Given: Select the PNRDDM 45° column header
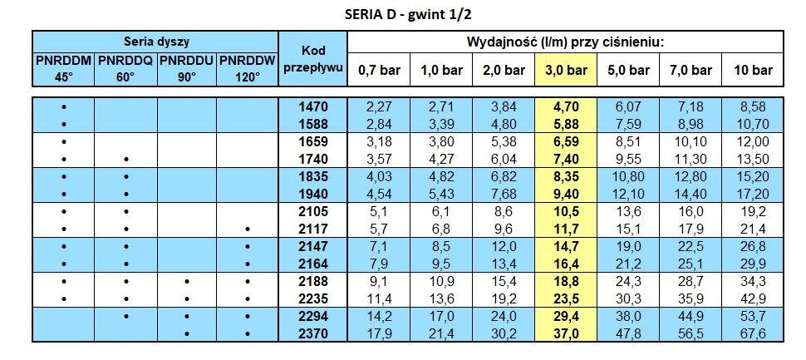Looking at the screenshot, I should click(x=64, y=69).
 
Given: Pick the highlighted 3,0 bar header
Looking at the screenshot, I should click(x=567, y=70).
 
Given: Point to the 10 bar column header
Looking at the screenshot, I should click(x=754, y=70).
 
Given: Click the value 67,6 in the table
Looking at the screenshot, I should click(x=754, y=334).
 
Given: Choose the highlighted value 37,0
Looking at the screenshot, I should click(x=567, y=334).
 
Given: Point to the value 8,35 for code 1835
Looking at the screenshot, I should click(x=567, y=176).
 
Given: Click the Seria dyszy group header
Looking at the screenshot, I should click(x=155, y=42).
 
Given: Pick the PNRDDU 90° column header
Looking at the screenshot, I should click(x=187, y=69).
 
